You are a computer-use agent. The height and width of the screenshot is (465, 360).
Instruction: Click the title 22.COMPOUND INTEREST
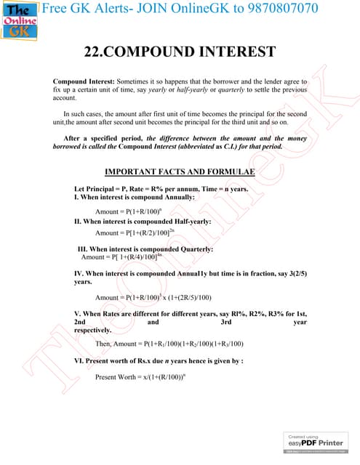(180, 52)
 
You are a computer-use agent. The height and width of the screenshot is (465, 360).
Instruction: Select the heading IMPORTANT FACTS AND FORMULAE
(180, 171)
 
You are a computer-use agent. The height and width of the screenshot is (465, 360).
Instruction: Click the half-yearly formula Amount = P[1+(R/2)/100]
(135, 232)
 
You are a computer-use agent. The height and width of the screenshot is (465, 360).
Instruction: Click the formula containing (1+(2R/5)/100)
(153, 297)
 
